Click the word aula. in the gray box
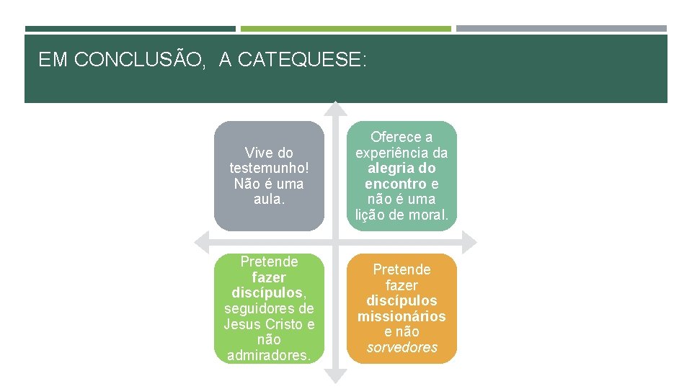[x=269, y=199]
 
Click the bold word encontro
[x=396, y=184]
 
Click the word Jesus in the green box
[x=244, y=324]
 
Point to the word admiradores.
[x=269, y=355]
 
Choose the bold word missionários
[x=402, y=316]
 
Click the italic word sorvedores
[x=402, y=347]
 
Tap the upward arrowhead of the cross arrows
[x=334, y=108]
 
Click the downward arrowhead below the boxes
[x=334, y=375]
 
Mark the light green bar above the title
[x=345, y=29]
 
